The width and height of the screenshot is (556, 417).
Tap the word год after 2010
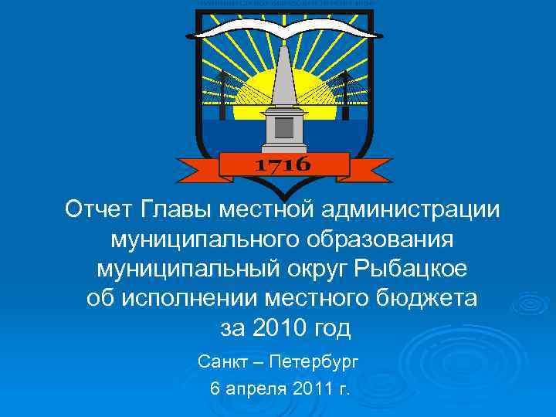tap(330, 329)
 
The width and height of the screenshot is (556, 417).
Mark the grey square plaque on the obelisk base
tap(283, 127)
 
